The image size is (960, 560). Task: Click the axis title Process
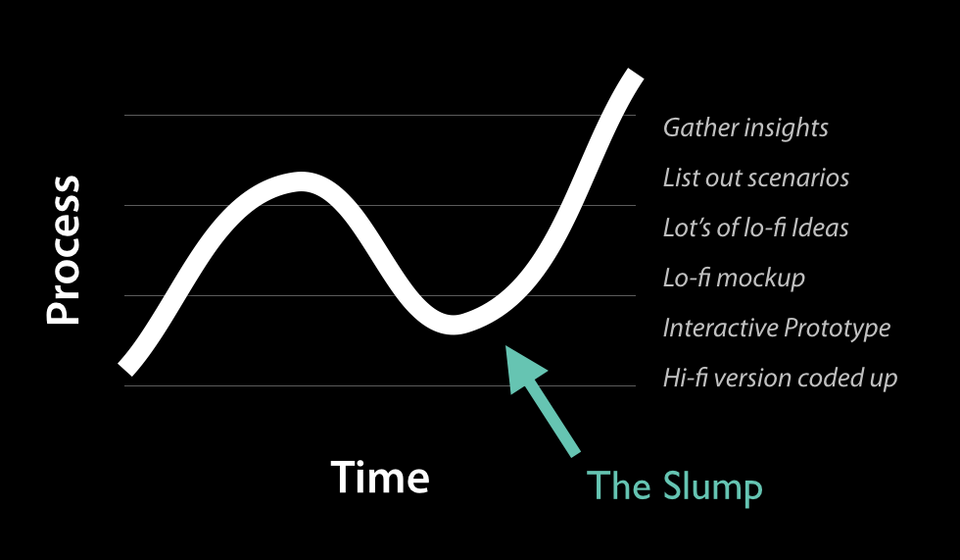tap(63, 250)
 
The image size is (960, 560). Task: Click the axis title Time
tap(380, 478)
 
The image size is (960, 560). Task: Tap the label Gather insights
tap(745, 128)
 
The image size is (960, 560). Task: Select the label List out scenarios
tap(755, 178)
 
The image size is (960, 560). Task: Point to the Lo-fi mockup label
tap(734, 279)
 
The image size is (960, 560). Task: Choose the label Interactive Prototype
tap(776, 328)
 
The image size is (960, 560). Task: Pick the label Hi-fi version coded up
tap(780, 378)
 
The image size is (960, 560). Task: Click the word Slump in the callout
tap(712, 487)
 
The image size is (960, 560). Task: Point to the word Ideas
tap(820, 228)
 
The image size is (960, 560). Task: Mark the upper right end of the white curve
tap(636, 75)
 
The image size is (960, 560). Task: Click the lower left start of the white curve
tap(125, 369)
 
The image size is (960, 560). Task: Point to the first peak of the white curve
tap(300, 181)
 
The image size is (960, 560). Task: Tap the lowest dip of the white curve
tap(453, 325)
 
